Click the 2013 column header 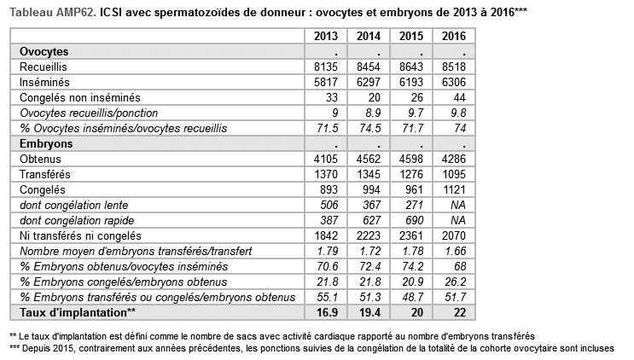tap(326, 36)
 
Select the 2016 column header tap(454, 36)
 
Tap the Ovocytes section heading tap(44, 52)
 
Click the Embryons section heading tap(46, 144)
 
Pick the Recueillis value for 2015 tap(411, 67)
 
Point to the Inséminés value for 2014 tap(369, 82)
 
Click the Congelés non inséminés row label tap(80, 98)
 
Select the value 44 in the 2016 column tap(459, 98)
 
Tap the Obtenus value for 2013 tap(326, 160)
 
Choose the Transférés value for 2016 tap(454, 175)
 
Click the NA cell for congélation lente tap(458, 206)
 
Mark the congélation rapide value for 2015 tap(414, 221)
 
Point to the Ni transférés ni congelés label tap(80, 236)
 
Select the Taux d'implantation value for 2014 tap(369, 313)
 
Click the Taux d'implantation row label tap(78, 313)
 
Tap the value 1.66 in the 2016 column tap(456, 252)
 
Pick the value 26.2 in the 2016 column tap(456, 282)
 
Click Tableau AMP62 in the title tap(53, 13)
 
